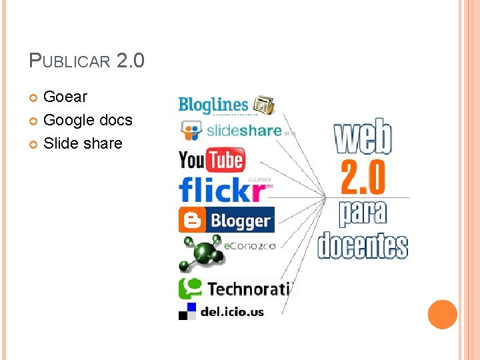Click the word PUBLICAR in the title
[69, 62]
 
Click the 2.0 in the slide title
[130, 61]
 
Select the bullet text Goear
[65, 97]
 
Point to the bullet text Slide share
[83, 143]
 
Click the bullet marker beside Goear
[35, 98]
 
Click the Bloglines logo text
[213, 105]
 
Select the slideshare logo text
[244, 131]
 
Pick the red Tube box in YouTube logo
[225, 161]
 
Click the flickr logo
[222, 190]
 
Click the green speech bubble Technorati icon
[191, 288]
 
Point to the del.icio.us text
[233, 311]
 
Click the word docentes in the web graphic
[363, 245]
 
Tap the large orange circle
[442, 314]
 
